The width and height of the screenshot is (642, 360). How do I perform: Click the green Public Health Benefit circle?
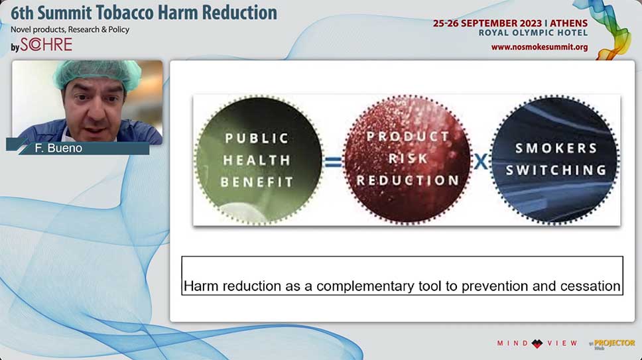click(x=259, y=160)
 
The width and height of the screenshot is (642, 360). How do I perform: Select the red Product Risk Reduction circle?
click(x=408, y=159)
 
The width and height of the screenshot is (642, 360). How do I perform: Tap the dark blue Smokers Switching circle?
click(x=556, y=159)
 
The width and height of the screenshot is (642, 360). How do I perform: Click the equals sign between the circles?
click(x=332, y=162)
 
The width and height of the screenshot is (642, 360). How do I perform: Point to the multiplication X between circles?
click(x=481, y=162)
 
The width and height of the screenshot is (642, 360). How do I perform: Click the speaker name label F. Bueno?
click(x=58, y=148)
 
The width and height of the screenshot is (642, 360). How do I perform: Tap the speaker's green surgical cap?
click(x=97, y=73)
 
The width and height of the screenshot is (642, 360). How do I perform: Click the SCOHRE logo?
click(x=46, y=44)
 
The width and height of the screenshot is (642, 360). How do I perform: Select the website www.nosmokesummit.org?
click(x=539, y=47)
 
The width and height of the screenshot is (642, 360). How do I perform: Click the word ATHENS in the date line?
click(x=568, y=23)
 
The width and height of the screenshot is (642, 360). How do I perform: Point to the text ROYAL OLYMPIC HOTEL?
click(x=533, y=32)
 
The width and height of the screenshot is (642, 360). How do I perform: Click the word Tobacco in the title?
click(x=125, y=13)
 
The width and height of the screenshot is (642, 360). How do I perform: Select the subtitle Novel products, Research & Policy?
click(x=70, y=30)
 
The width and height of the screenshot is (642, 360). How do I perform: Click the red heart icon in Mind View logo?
click(x=537, y=343)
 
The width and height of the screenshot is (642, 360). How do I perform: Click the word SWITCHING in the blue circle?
click(x=556, y=170)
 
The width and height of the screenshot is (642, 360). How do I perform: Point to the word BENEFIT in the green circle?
click(x=257, y=182)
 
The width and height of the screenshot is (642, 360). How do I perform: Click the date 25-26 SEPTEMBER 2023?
click(x=487, y=23)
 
